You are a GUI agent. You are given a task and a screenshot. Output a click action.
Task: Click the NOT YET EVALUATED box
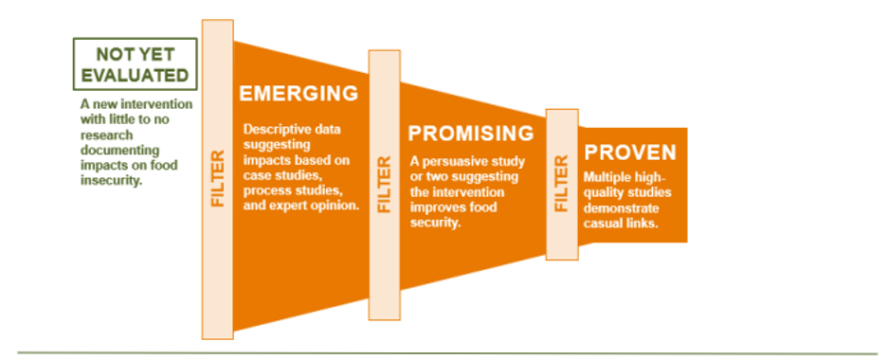[x=136, y=63]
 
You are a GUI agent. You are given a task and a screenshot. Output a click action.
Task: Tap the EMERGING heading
[x=299, y=93]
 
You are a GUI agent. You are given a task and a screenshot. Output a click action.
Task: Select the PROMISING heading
[x=471, y=134]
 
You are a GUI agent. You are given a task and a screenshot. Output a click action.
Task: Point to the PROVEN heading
[x=630, y=152]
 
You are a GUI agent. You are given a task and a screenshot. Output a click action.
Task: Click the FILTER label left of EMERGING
[x=218, y=178]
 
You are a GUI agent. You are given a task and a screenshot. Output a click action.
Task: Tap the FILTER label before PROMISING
[x=385, y=184]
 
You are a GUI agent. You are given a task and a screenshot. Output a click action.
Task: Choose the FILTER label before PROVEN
[x=562, y=184]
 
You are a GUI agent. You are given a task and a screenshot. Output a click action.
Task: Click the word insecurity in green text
[x=111, y=181]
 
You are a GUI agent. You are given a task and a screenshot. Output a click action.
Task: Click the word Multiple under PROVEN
[x=605, y=177]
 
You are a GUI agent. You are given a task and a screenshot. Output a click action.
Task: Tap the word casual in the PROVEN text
[x=601, y=224]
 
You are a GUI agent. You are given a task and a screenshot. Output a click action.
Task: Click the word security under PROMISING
[x=434, y=223]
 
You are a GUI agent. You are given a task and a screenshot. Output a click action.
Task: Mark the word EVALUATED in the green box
[x=136, y=75]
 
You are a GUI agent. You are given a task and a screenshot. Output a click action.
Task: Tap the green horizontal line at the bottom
[x=447, y=353]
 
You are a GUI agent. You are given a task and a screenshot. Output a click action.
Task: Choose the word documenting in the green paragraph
[x=119, y=151]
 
